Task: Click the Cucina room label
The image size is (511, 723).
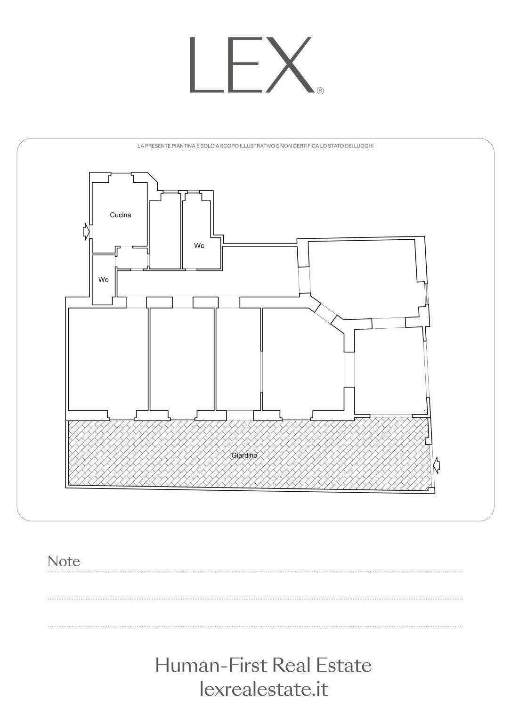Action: point(121,215)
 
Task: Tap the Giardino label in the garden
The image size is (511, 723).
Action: point(244,455)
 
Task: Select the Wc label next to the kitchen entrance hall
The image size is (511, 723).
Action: point(103,280)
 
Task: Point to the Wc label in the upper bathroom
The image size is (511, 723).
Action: point(199,246)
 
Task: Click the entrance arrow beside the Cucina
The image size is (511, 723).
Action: point(86,232)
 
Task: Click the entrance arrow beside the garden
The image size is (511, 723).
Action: point(437,465)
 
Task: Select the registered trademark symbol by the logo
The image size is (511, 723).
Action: point(320,91)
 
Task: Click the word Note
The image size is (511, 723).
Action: point(64,561)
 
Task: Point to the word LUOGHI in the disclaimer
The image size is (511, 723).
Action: point(366,146)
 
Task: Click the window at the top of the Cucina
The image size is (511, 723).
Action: point(121,174)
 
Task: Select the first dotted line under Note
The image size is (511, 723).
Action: point(255,572)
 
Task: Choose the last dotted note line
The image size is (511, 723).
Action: point(255,626)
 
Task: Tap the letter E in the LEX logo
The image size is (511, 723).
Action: point(241,65)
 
